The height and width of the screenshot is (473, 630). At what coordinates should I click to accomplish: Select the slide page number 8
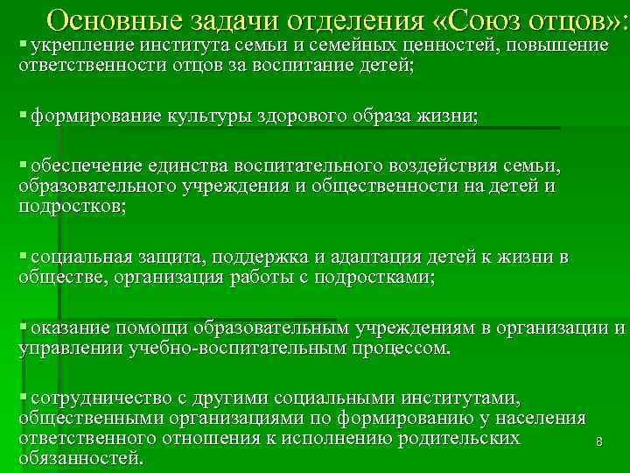pyautogui.click(x=598, y=443)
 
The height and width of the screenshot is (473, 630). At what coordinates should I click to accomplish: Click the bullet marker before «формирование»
pyautogui.click(x=22, y=116)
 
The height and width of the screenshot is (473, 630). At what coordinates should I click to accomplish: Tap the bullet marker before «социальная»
pyautogui.click(x=22, y=256)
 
